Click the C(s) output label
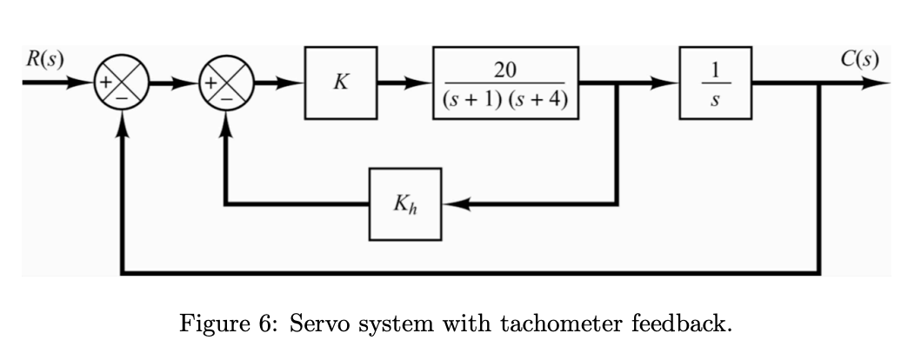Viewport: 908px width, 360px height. (860, 60)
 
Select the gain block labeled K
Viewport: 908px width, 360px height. (341, 83)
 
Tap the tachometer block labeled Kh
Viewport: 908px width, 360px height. (405, 204)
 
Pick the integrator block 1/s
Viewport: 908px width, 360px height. (715, 83)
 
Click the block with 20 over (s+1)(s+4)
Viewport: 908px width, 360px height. (505, 83)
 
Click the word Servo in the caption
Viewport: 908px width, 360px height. (317, 325)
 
